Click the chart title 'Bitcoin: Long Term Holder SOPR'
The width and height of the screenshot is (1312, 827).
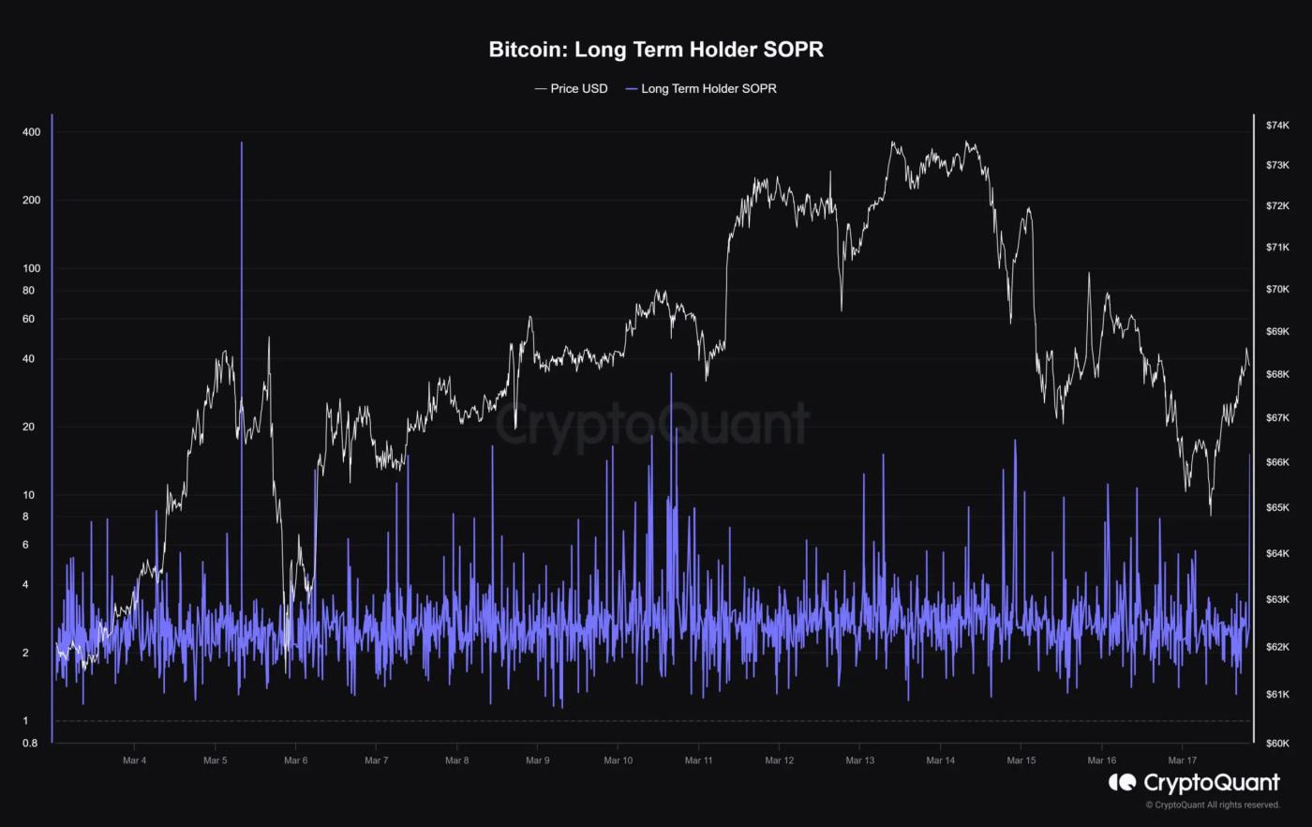tap(656, 50)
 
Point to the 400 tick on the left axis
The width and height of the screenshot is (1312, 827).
tap(31, 132)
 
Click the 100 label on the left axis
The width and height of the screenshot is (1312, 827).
tap(31, 268)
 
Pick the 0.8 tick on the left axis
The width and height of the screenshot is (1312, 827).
tap(29, 744)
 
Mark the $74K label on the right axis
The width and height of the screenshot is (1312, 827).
tap(1277, 125)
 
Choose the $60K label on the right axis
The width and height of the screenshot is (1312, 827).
tap(1277, 744)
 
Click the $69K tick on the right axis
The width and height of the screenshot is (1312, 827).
tap(1277, 331)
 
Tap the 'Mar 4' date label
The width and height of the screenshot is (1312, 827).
tap(134, 760)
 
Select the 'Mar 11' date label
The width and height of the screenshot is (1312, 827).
tap(698, 760)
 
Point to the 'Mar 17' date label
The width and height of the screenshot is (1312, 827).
tap(1182, 760)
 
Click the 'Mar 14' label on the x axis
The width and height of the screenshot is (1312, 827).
tap(940, 760)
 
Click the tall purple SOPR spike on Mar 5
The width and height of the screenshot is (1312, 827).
tap(242, 281)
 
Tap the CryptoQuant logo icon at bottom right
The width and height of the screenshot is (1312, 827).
tap(1122, 782)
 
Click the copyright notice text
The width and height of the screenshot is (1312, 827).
tap(1213, 804)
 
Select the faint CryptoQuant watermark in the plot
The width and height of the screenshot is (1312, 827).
tap(651, 424)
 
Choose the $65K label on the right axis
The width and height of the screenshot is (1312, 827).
tap(1277, 507)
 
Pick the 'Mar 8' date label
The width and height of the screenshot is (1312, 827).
tap(456, 760)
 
